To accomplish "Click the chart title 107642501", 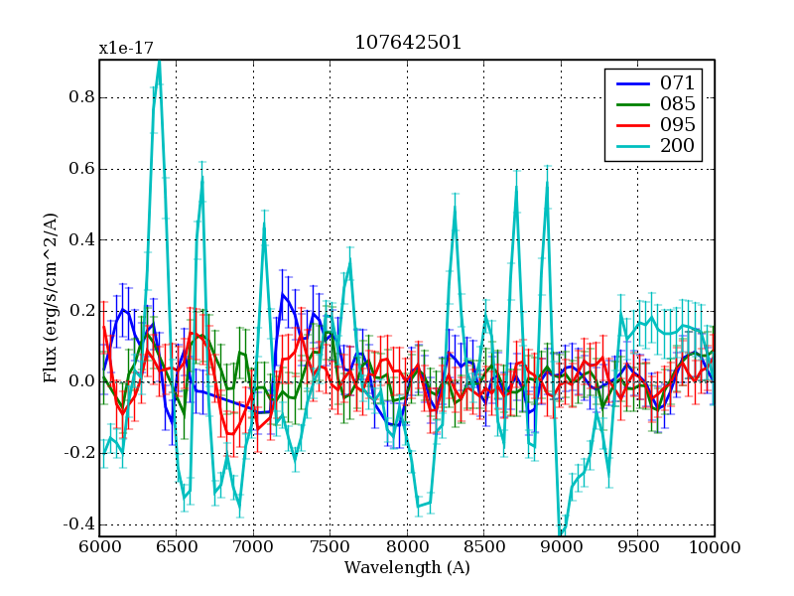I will [x=407, y=43].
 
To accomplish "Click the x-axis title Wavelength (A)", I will [x=407, y=568].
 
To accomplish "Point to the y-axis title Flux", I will [x=51, y=298].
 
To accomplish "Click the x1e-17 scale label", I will [x=126, y=48].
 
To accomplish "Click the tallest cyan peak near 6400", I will [x=159, y=62].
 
